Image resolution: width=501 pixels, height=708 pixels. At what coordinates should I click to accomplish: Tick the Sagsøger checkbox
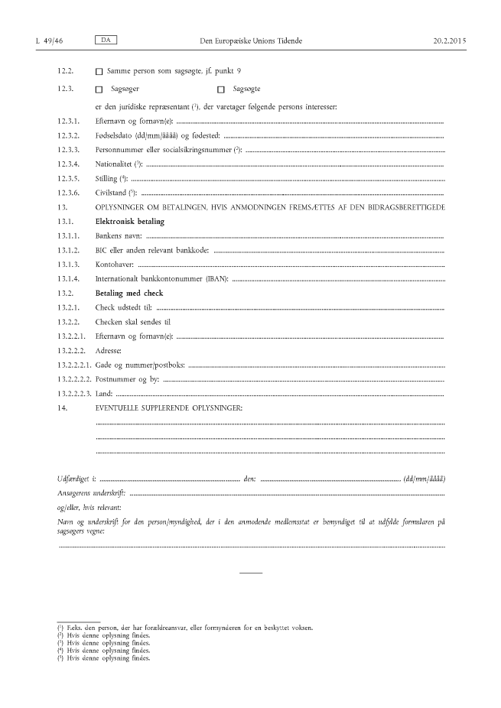[99, 90]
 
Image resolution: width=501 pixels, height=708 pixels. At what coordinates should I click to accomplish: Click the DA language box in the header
[106, 38]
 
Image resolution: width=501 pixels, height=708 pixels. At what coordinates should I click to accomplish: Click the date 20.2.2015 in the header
[449, 39]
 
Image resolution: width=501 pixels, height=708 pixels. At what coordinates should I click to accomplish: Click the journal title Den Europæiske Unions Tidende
[252, 39]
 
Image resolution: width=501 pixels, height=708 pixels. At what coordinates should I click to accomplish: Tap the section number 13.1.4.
[68, 279]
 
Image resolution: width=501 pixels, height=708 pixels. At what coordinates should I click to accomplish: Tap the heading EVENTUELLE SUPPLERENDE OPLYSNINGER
[169, 408]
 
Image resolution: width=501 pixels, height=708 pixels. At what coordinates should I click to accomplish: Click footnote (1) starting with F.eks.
[190, 628]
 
